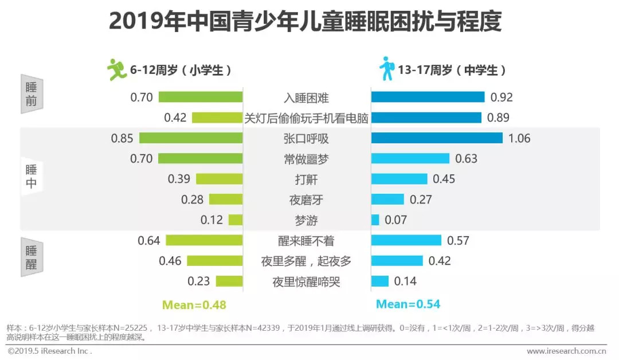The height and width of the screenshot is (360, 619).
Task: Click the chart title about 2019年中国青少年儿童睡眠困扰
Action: click(x=305, y=22)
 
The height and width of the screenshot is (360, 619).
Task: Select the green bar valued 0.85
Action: click(x=191, y=138)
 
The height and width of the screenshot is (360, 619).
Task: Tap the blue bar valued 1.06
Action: click(x=437, y=138)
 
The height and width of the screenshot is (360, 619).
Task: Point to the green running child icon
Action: click(x=117, y=69)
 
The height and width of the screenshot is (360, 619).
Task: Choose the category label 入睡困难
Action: click(x=307, y=97)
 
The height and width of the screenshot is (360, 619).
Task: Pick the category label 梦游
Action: click(x=307, y=220)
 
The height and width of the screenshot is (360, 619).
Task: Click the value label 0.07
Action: click(x=395, y=220)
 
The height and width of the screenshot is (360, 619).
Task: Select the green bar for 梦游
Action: click(x=236, y=220)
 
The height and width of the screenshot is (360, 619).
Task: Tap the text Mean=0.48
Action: click(x=194, y=304)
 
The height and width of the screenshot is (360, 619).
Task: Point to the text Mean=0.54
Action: click(x=408, y=304)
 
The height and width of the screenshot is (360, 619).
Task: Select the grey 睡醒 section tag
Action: click(x=32, y=257)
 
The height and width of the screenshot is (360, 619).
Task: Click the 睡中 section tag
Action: click(x=32, y=177)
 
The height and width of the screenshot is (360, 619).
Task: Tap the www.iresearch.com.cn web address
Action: click(x=567, y=351)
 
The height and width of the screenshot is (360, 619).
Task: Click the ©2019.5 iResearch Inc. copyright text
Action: click(x=50, y=351)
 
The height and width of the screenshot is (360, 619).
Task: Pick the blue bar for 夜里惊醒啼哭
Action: click(x=380, y=281)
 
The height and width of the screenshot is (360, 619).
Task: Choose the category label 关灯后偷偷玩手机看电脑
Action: click(x=307, y=118)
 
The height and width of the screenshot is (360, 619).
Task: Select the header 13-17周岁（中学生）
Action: click(x=452, y=71)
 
